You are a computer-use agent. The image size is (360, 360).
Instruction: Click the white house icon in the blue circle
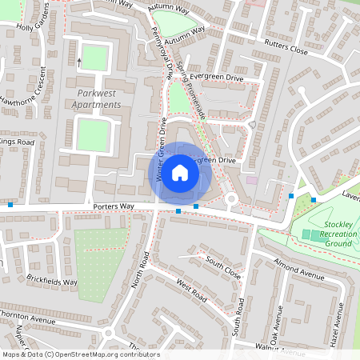(180, 172)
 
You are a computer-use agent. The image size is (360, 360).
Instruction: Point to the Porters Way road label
(112, 206)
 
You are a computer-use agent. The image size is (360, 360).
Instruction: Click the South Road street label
(238, 317)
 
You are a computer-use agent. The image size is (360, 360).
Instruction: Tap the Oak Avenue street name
(278, 325)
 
